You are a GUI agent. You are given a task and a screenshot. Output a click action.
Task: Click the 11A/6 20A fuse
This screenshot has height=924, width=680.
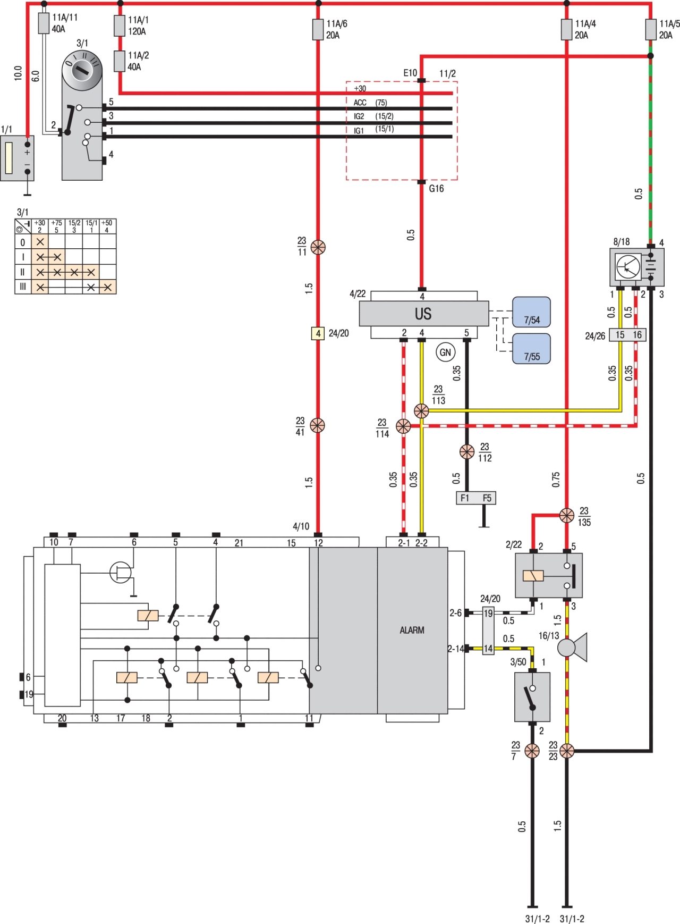click(318, 30)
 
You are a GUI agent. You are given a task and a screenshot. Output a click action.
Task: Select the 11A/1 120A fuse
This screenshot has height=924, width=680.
click(120, 26)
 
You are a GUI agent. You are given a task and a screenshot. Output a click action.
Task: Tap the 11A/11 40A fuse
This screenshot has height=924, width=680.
click(44, 23)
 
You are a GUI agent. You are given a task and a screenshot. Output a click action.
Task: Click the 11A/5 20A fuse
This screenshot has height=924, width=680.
click(651, 30)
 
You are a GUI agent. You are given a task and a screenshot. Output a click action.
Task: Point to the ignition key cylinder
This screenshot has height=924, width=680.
click(82, 70)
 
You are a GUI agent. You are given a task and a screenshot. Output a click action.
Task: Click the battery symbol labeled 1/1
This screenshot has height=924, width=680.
click(17, 158)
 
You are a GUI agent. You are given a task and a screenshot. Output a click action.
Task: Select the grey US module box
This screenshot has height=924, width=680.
click(424, 314)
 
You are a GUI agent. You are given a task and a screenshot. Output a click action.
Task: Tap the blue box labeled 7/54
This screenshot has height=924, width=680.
click(531, 312)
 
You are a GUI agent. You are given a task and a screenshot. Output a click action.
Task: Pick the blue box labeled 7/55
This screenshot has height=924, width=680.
click(531, 349)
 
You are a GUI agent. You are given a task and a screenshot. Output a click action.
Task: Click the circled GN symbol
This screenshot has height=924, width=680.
click(445, 352)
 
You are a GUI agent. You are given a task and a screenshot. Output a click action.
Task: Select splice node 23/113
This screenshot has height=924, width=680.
click(421, 411)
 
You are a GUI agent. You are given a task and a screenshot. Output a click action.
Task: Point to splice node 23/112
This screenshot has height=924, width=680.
click(467, 452)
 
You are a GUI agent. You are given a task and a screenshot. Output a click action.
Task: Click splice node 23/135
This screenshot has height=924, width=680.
click(567, 515)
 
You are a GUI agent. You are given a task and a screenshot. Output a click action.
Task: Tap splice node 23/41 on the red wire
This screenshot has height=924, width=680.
click(317, 425)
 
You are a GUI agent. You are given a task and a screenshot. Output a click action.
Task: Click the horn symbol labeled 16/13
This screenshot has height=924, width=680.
click(572, 647)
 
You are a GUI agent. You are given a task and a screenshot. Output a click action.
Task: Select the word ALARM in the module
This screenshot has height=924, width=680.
click(412, 630)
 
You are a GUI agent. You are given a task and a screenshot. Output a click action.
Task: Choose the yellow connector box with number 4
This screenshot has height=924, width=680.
click(318, 334)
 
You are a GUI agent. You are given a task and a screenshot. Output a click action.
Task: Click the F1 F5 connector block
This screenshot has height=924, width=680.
click(476, 498)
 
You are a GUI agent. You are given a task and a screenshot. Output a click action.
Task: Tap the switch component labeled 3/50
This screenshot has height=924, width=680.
click(532, 697)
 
